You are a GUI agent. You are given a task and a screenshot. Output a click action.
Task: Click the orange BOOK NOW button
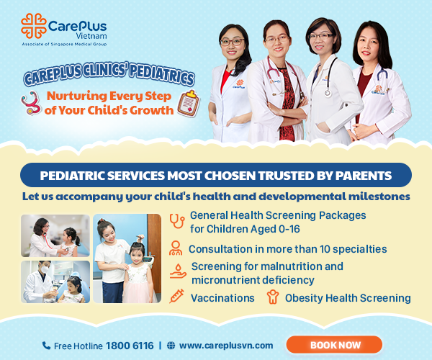coord(334,345)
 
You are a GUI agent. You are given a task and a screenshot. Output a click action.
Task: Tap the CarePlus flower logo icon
coord(32,27)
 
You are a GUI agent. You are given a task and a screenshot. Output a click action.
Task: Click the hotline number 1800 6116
coord(130,346)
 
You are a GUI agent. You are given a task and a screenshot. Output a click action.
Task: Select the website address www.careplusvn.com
coord(226,346)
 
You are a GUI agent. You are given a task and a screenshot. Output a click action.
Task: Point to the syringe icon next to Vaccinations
coord(176,297)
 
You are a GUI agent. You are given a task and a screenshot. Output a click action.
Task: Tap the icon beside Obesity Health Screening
coord(273,297)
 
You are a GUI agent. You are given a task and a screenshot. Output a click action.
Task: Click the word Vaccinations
coord(222,297)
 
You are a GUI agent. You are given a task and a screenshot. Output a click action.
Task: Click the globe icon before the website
coord(171,346)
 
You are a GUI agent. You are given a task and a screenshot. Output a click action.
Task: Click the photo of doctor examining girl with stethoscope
coord(55,235)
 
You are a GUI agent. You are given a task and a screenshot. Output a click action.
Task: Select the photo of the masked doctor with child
coord(55,282)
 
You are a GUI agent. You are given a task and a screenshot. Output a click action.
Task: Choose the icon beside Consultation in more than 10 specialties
coord(176,248)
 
